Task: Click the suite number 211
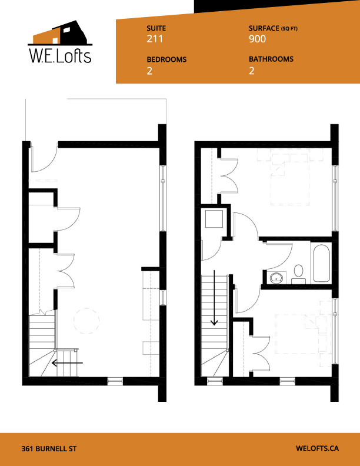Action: tap(154, 39)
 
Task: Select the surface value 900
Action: tap(257, 39)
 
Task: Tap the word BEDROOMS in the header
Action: tap(166, 59)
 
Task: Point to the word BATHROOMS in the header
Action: tap(271, 59)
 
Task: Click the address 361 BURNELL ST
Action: tap(48, 448)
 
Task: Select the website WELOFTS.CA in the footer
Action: tap(317, 448)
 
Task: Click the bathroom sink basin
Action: tap(275, 277)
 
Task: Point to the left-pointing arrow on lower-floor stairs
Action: tap(66, 363)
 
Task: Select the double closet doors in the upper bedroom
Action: tap(229, 175)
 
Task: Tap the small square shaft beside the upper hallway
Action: tap(212, 219)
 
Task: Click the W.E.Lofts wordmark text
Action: tap(61, 56)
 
